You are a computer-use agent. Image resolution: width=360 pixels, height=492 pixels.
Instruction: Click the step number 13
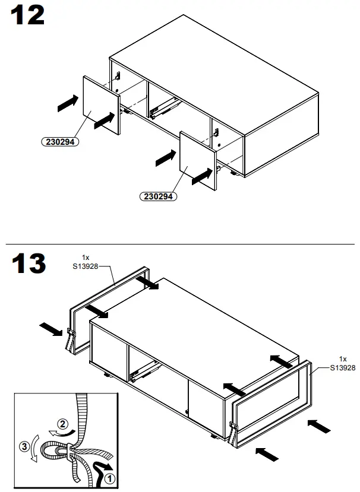[28, 265]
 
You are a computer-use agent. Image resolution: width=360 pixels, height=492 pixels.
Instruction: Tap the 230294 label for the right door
[158, 196]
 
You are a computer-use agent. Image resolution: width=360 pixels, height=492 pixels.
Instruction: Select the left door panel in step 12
[101, 106]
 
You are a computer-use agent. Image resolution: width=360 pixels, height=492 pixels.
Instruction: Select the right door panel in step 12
[199, 162]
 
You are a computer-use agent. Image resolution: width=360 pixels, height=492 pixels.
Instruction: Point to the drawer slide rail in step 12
[164, 107]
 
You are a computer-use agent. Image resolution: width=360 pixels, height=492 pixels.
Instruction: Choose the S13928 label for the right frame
[343, 367]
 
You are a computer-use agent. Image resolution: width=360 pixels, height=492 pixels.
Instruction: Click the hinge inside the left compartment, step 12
[118, 77]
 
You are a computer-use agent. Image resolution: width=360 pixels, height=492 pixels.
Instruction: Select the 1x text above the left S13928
[86, 258]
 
